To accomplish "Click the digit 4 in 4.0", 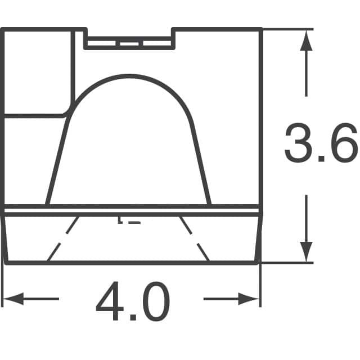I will pyautogui.click(x=111, y=303).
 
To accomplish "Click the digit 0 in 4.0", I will pyautogui.click(x=154, y=303).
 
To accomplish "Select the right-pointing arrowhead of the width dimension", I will pyautogui.click(x=253, y=298).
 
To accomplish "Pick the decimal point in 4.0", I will pyautogui.click(x=133, y=318).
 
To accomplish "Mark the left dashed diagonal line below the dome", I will pyautogui.click(x=62, y=238).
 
